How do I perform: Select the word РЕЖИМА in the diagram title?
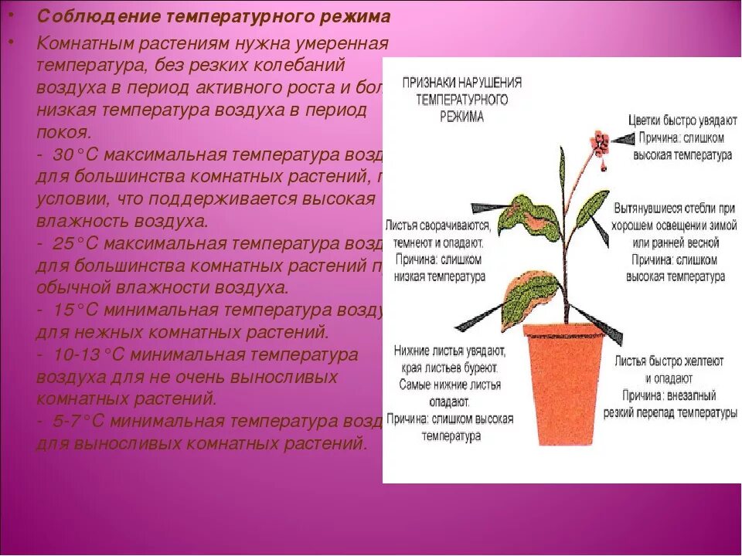(462, 117)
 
